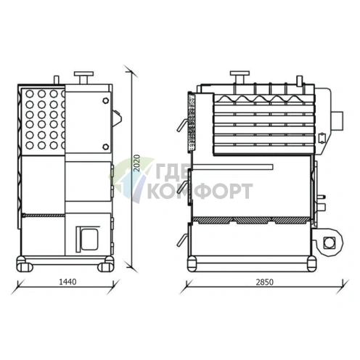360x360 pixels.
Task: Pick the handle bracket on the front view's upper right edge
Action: [x=116, y=114]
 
